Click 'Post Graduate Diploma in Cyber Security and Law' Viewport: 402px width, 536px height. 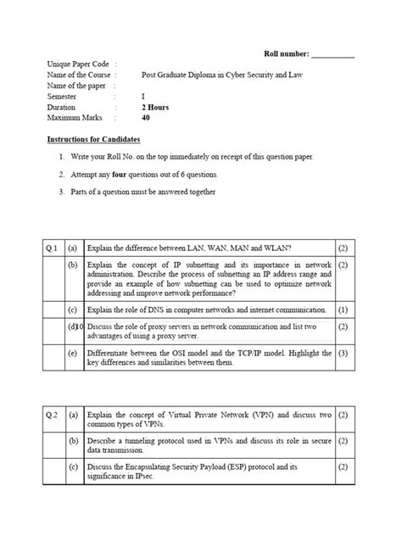pos(221,75)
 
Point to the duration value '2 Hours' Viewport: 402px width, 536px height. pos(156,108)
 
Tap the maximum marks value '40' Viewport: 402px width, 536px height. pos(147,119)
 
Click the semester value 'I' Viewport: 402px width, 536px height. pos(143,97)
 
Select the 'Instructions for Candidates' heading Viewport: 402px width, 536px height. pos(93,138)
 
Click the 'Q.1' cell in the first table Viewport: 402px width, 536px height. pos(51,248)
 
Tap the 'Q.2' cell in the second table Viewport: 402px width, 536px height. pos(51,416)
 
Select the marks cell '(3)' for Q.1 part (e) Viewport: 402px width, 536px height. pos(343,352)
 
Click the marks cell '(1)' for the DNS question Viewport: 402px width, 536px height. pos(343,310)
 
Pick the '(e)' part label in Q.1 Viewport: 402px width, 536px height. pos(73,352)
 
